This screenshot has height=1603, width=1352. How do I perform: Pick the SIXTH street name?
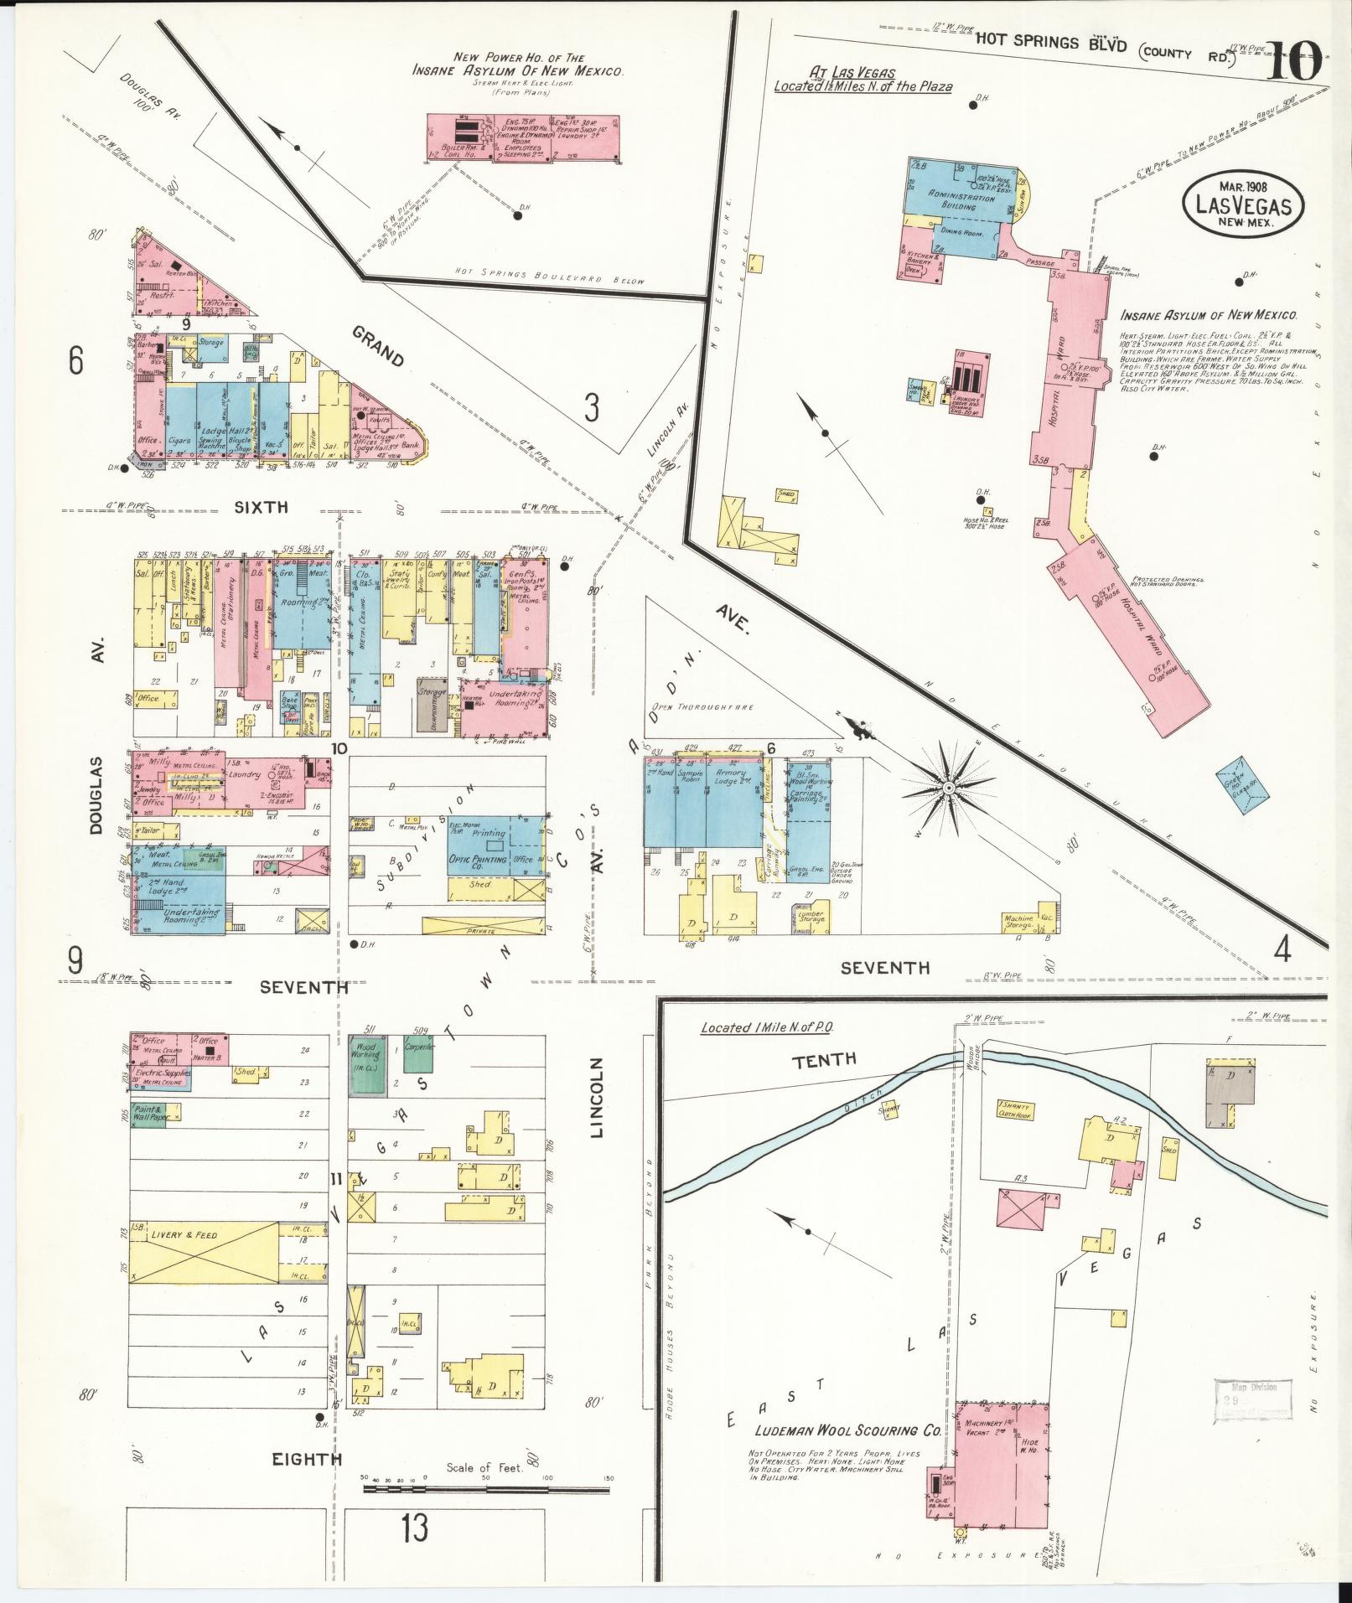click(261, 507)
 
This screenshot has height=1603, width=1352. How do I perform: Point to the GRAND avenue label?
click(378, 347)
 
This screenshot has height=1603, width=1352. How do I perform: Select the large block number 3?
click(592, 409)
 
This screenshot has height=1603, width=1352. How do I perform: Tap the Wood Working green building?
click(365, 1063)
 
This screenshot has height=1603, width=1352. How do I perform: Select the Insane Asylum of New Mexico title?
click(1209, 316)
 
